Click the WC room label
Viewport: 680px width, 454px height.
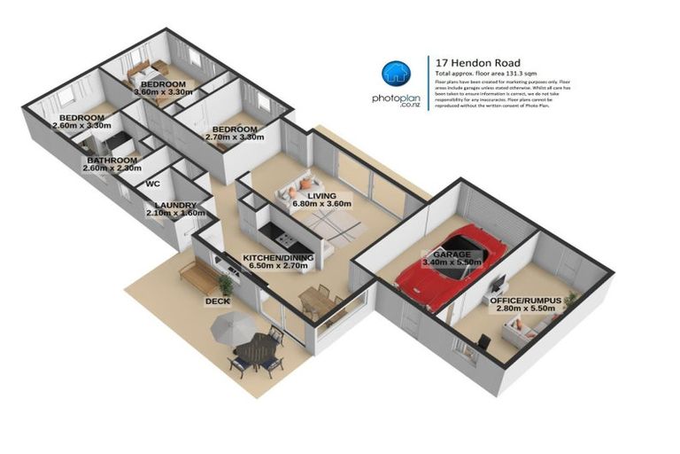click(x=152, y=184)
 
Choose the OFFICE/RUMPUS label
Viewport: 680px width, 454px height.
click(x=524, y=301)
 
